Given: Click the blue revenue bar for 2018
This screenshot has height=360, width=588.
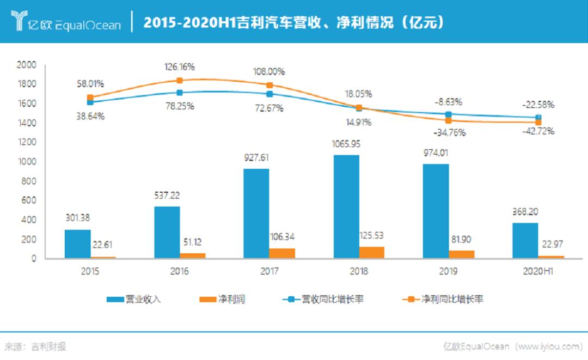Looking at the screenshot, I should (x=346, y=207).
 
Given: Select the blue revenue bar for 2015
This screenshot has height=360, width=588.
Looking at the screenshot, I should (x=78, y=243).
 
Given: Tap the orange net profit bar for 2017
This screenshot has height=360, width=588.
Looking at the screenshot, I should (x=282, y=253).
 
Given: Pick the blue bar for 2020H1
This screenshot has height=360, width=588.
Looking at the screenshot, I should (x=525, y=240).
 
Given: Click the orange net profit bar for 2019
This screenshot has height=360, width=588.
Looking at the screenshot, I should (x=462, y=254).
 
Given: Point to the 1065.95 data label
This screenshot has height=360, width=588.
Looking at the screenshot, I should (x=346, y=144).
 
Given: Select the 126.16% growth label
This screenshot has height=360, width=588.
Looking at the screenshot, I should (x=180, y=67).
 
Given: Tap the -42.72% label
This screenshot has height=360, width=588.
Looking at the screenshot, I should (x=538, y=131).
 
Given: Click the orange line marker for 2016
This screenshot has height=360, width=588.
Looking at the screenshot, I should (x=180, y=80).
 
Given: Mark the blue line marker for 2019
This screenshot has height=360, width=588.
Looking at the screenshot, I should (x=449, y=114).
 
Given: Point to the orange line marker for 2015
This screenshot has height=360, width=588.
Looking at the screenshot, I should (x=90, y=97).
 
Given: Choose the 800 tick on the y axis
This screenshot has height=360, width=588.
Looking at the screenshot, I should (x=29, y=181).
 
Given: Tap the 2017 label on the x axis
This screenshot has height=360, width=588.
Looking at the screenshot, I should (x=269, y=271).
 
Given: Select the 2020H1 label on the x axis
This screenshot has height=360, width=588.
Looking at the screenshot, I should (x=538, y=271).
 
